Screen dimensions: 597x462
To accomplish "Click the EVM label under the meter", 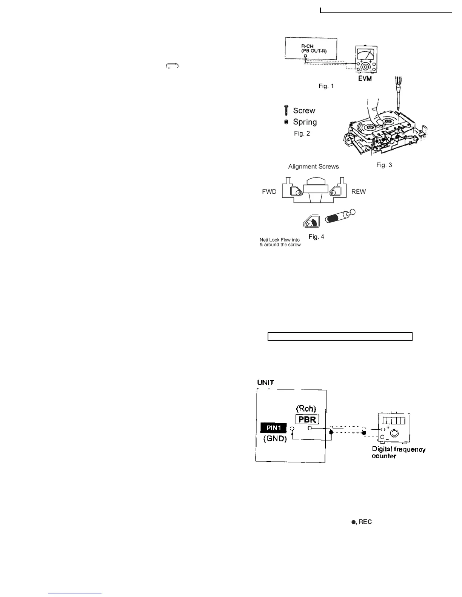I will [365, 78].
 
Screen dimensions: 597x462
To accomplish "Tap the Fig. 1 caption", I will [326, 86].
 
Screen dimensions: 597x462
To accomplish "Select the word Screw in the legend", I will [304, 110].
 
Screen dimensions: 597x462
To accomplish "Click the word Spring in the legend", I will [305, 122].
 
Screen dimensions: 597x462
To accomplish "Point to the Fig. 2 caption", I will [302, 133].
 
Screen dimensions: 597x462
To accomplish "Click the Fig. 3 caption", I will [384, 165].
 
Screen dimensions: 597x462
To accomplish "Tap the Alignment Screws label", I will [313, 167].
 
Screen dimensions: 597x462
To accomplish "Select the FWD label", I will [269, 191].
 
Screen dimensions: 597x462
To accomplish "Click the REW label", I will [358, 191].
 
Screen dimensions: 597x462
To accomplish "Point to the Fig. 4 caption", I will [316, 237].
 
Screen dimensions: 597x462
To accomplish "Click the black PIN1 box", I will [274, 428].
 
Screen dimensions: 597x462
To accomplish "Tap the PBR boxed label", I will [307, 419].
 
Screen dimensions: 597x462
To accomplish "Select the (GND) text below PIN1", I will [275, 439].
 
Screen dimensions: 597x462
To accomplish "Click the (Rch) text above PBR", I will [306, 409].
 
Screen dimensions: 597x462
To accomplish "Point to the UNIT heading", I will [266, 383].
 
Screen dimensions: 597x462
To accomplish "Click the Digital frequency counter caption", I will [398, 453].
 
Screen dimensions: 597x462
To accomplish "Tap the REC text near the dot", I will [365, 522].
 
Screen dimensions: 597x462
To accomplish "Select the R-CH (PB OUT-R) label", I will [311, 49].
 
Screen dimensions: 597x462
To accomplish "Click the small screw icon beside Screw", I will [286, 110].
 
